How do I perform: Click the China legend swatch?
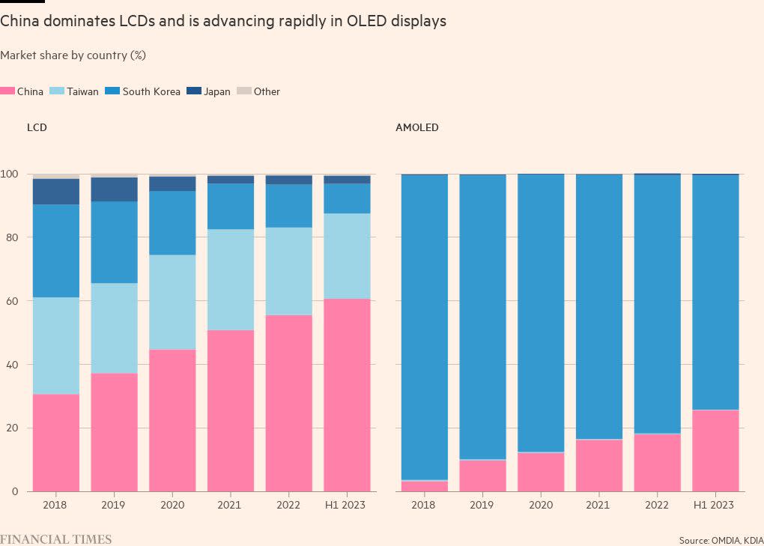7,91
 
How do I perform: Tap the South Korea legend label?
151,91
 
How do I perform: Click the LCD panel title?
37,127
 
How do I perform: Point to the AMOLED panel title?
416,127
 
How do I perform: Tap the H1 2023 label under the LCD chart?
347,505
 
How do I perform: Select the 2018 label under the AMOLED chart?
425,505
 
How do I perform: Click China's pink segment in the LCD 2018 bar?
56,442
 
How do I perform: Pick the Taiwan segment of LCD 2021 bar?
231,279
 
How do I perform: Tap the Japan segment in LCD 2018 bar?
56,192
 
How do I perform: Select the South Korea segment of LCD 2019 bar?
115,242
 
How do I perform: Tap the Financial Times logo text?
55,539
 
